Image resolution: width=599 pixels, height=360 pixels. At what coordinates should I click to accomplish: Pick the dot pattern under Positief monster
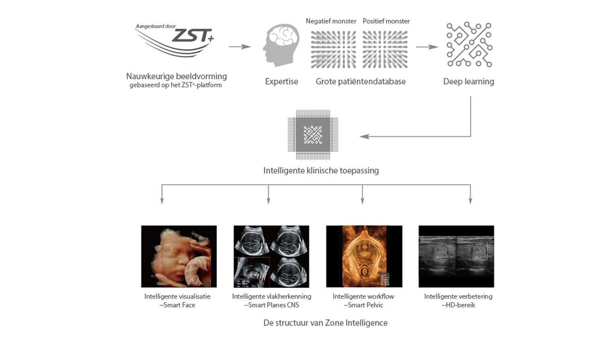coord(385,49)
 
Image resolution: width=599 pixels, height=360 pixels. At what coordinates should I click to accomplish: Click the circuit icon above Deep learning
coord(469,45)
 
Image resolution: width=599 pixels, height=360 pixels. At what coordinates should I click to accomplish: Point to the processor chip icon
coord(313,134)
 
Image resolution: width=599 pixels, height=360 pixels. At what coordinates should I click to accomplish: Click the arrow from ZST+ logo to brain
coord(240,47)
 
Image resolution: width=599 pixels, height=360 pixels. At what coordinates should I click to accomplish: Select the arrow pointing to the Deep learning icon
coord(427,47)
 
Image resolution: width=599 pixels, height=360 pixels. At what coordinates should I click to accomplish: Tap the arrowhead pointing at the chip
coord(364,136)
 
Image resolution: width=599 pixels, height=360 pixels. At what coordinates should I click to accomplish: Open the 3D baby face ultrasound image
coord(179,256)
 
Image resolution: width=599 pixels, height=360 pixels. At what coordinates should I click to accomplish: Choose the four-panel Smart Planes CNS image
coord(271,256)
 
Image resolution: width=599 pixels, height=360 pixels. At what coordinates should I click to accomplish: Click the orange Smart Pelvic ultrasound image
coord(364,256)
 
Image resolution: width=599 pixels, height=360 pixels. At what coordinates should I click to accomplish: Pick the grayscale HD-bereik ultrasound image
coord(456,256)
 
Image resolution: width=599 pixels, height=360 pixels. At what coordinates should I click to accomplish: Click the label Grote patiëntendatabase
coord(360,82)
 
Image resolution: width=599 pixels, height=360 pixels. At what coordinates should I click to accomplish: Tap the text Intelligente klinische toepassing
coord(321,171)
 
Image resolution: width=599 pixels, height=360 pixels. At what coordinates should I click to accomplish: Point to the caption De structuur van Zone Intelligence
coord(325,323)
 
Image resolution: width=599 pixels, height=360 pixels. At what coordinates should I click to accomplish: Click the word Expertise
coord(281,82)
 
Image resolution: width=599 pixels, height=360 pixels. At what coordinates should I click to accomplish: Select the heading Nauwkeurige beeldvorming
coord(177,76)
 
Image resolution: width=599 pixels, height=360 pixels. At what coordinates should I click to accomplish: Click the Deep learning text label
coord(468,82)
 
